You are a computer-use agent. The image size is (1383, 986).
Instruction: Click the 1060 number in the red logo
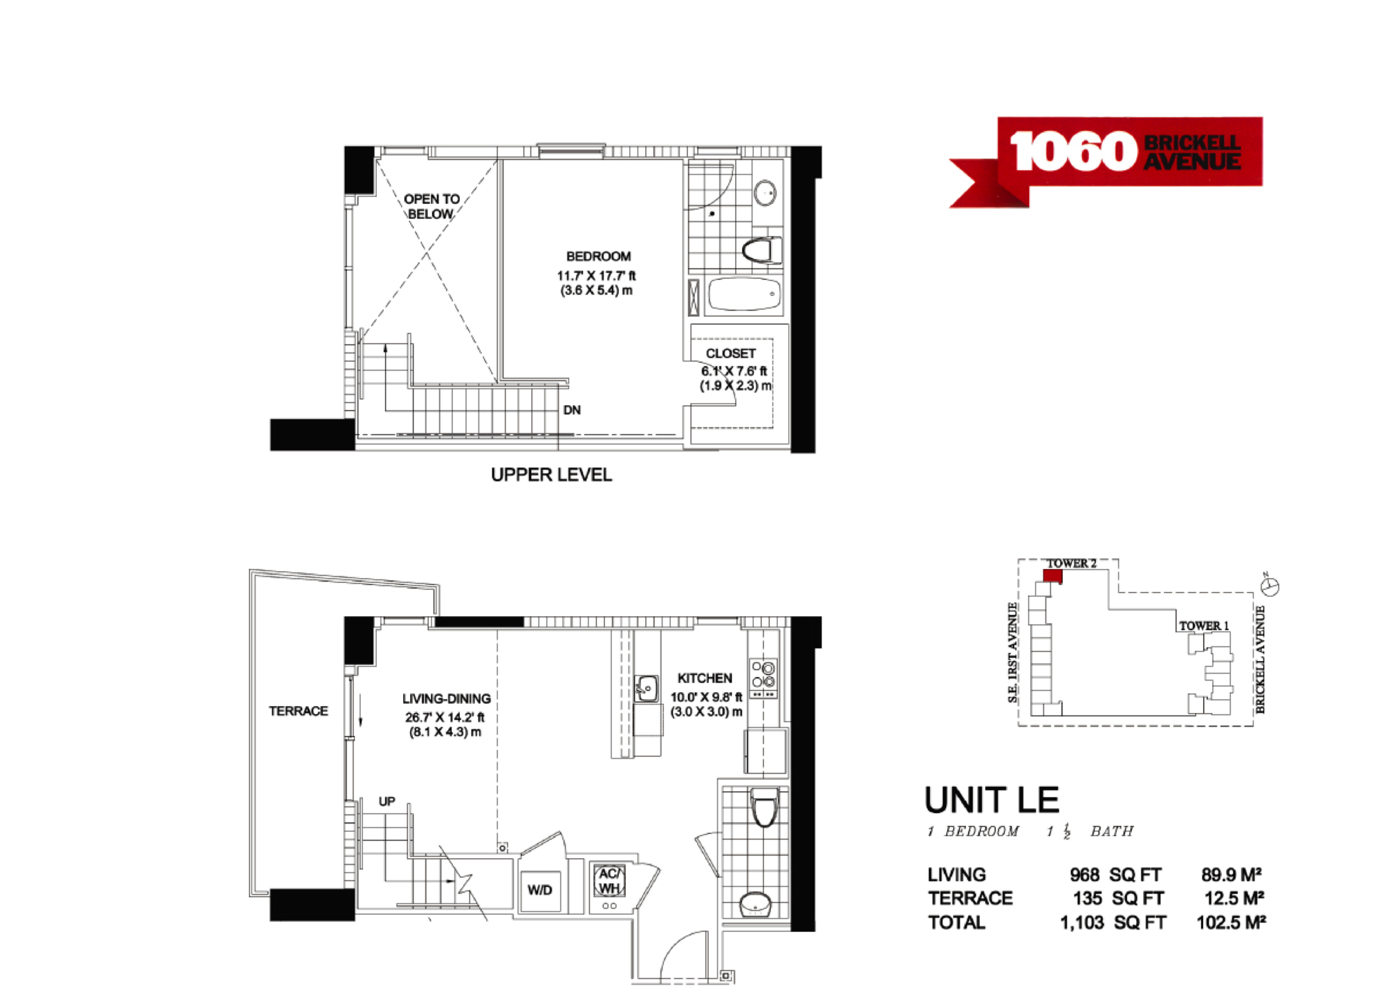click(1073, 151)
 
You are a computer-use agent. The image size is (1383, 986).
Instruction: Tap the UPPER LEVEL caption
click(551, 475)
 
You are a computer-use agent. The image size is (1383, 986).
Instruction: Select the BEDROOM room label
click(598, 257)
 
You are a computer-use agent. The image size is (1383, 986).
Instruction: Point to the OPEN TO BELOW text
click(431, 207)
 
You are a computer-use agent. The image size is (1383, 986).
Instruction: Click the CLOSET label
click(730, 353)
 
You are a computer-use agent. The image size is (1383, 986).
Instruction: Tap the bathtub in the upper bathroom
click(744, 295)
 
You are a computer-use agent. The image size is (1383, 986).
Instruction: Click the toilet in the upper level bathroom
click(762, 250)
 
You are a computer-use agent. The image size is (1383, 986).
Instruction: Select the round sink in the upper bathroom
click(765, 193)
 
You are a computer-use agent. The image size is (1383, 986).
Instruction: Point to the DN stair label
click(572, 410)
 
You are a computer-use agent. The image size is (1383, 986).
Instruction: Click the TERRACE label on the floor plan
click(298, 711)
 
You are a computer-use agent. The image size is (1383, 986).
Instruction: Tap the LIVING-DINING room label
click(446, 699)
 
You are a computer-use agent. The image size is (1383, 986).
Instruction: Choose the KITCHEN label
click(705, 678)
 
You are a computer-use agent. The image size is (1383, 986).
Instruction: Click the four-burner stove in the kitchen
click(763, 678)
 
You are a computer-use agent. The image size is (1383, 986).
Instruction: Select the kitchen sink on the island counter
click(647, 689)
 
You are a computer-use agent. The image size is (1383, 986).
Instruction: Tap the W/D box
click(540, 890)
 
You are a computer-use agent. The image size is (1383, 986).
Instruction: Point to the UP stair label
click(387, 801)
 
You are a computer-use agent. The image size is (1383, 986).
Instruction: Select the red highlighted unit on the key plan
click(1052, 576)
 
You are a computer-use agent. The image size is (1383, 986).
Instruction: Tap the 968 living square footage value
click(1084, 875)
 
